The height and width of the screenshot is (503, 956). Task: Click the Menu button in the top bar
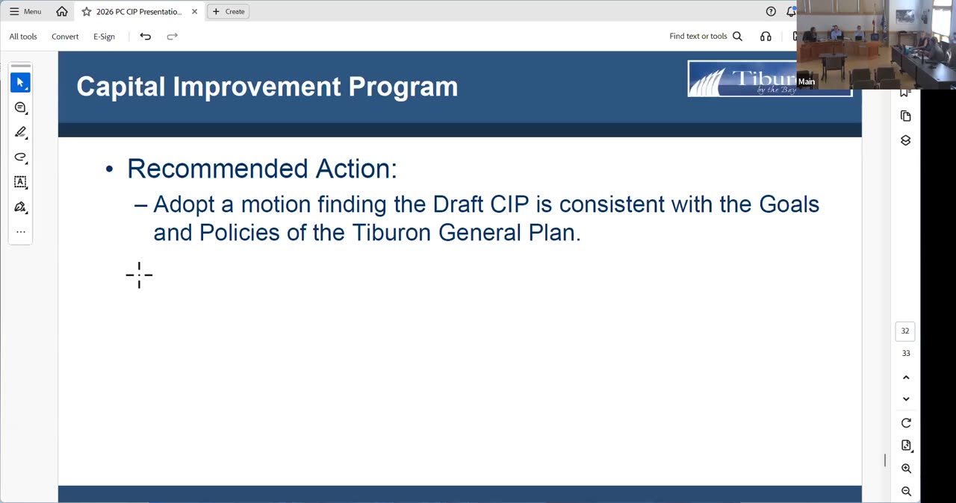(x=25, y=11)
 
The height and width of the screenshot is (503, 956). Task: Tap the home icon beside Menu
(x=62, y=11)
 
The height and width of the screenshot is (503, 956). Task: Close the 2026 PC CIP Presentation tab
(x=195, y=11)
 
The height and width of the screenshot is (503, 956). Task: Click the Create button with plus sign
(x=229, y=11)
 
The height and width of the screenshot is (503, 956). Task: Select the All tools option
(x=23, y=37)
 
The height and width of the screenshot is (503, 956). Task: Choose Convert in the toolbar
(x=65, y=37)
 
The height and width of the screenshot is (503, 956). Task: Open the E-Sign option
(x=104, y=37)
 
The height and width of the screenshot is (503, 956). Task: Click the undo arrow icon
(x=145, y=37)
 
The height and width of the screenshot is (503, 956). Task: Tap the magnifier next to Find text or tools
(x=737, y=37)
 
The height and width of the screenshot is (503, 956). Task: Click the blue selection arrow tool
(x=20, y=82)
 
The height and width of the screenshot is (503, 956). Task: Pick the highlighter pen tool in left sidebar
(x=20, y=132)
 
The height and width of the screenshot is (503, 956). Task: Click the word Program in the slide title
(x=403, y=87)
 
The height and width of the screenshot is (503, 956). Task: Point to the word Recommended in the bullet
(x=217, y=169)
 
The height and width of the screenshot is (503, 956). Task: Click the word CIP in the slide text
(x=509, y=204)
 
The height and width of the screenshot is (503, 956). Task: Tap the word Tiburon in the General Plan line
(x=391, y=233)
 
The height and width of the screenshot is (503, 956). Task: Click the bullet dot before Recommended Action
(x=109, y=169)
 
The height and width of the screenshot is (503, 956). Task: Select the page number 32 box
(x=904, y=331)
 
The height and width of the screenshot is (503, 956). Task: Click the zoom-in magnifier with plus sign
(x=906, y=469)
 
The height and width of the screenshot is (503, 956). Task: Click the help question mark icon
(x=770, y=11)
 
